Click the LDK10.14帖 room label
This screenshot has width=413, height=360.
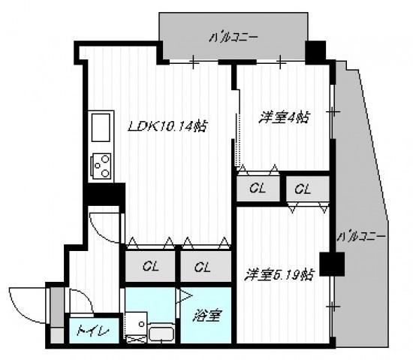coord(167,126)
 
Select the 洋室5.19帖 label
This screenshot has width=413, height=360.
coord(278,275)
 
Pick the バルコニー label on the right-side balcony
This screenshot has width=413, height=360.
coord(361,236)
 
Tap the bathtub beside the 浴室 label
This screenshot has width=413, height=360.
coord(161,333)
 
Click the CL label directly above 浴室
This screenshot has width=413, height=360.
coord(200,266)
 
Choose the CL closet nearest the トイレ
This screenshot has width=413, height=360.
coord(150,266)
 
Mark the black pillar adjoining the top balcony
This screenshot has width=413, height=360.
coord(316,50)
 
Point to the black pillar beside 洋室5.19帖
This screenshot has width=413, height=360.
coord(335,263)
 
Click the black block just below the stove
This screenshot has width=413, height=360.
coord(104,193)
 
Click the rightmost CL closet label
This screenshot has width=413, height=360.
coord(303,189)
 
